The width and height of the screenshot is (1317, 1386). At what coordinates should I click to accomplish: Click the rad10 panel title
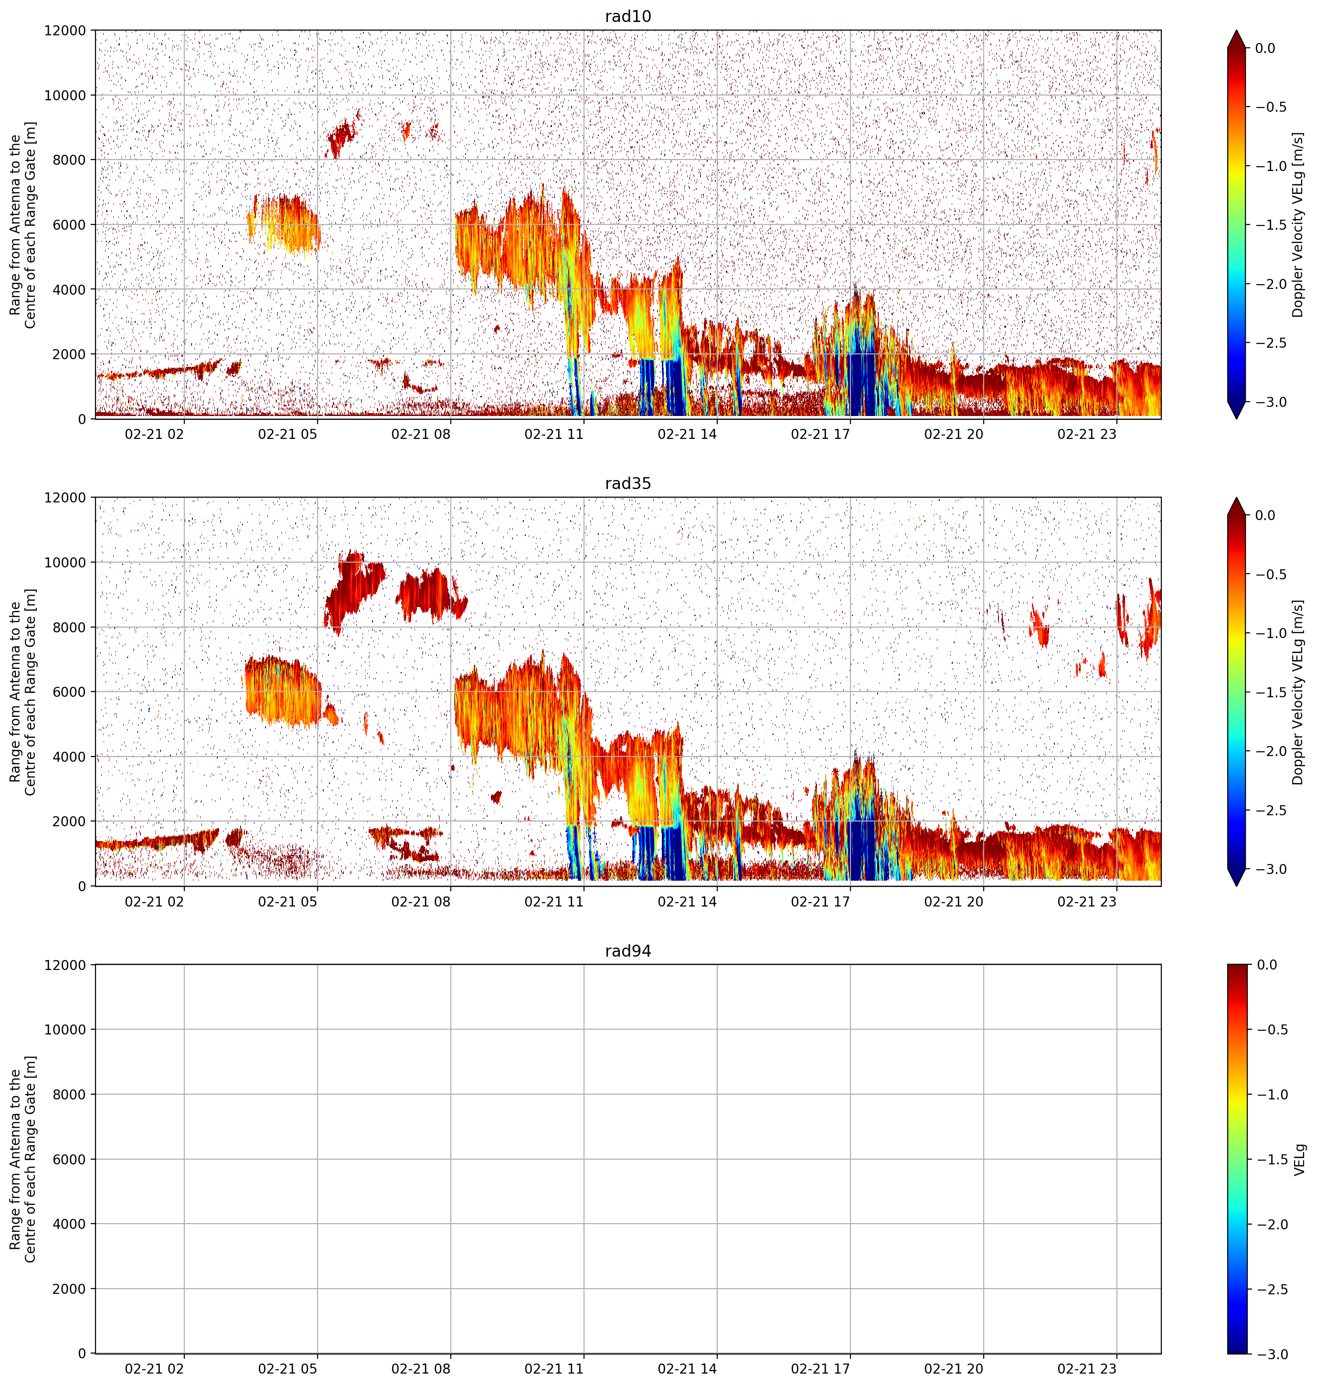627,16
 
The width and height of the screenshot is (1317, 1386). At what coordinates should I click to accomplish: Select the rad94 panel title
627,951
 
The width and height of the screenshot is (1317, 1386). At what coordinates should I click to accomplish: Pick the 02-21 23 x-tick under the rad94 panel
1087,1368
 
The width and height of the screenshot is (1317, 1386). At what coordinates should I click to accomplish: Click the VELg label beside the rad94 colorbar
1299,1159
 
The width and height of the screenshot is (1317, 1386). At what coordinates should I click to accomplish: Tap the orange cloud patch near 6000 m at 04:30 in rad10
284,223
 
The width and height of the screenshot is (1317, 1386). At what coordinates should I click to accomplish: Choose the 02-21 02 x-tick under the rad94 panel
154,1368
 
